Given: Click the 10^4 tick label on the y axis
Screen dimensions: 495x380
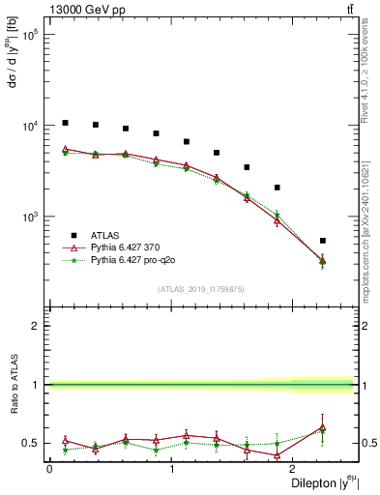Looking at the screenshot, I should point(28,126).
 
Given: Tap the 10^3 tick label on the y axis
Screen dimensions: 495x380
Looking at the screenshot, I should point(28,217).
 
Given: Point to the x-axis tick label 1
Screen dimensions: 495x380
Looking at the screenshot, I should point(171,469).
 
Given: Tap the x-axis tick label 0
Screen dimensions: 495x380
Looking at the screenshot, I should point(49,469).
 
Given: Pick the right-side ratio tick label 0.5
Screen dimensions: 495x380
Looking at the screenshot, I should point(367,444).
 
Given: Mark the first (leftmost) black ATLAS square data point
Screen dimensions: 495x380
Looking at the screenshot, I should point(65,123).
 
